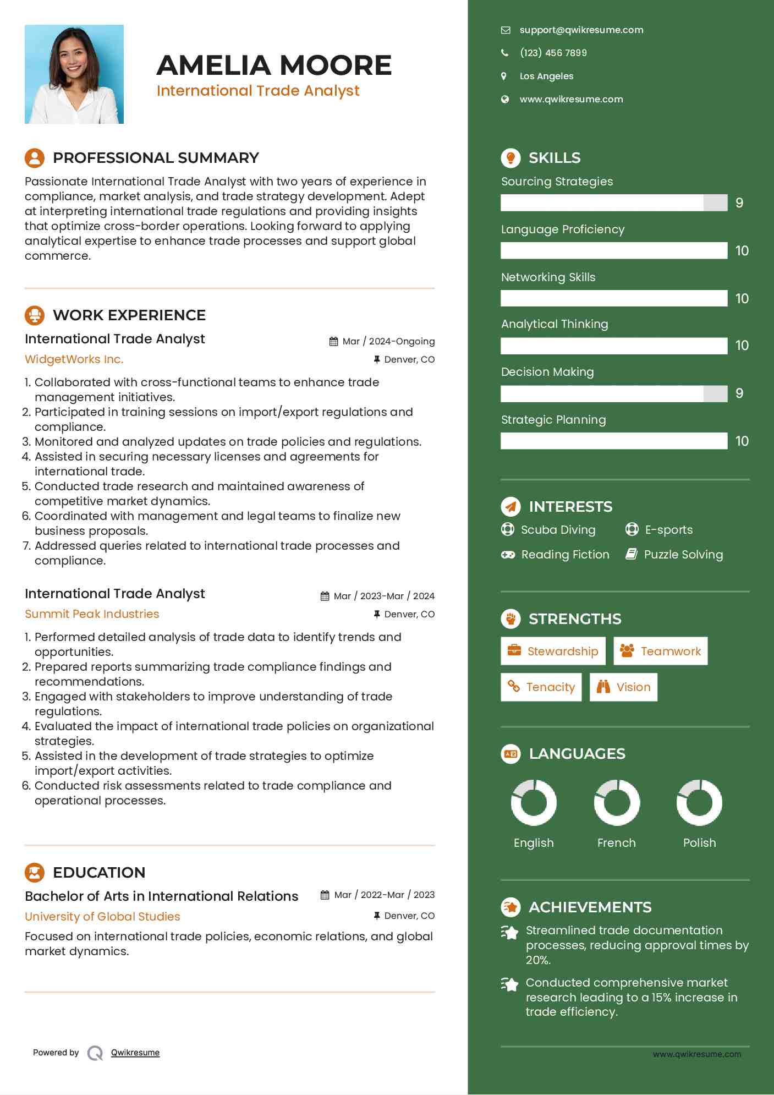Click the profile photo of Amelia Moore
point(74,74)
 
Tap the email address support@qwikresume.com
point(581,30)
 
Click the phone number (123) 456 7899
point(553,53)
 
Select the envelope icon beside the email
point(505,30)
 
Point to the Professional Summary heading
point(155,158)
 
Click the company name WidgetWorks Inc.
point(74,359)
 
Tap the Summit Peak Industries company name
point(92,614)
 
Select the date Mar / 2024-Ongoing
point(388,341)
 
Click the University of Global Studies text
point(102,917)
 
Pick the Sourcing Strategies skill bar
point(613,203)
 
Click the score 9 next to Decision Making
point(739,393)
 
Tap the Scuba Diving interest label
point(558,530)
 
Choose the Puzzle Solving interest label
point(683,555)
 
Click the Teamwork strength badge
point(660,651)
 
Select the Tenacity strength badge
point(541,687)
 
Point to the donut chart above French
point(617,803)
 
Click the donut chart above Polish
point(699,803)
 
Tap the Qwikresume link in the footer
point(135,1053)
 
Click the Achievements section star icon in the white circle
point(510,907)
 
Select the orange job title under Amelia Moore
point(257,91)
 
